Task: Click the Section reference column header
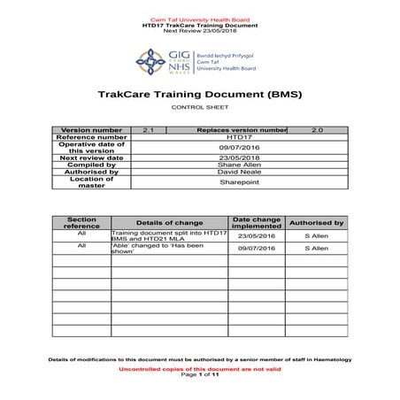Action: point(82,222)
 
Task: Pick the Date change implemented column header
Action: point(256,222)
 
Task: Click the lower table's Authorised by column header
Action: point(317,222)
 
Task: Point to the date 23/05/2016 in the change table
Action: point(256,236)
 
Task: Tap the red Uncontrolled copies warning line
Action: point(199,369)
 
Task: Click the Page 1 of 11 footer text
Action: point(199,375)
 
